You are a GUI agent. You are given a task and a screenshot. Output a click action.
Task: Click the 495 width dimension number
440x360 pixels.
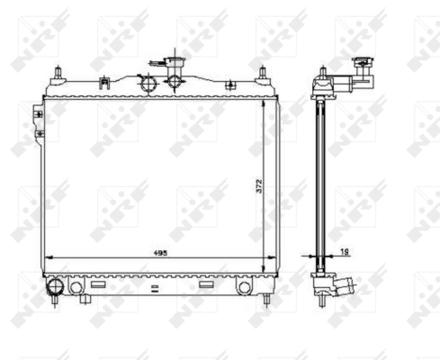pos(160,253)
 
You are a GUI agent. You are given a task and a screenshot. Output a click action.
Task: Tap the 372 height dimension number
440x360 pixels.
pos(259,186)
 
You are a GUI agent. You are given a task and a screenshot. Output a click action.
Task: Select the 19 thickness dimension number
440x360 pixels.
pos(345,252)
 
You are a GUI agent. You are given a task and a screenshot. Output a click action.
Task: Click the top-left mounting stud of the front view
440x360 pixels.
pos(58,73)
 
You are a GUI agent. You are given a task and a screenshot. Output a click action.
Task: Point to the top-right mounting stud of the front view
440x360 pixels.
pos(263,73)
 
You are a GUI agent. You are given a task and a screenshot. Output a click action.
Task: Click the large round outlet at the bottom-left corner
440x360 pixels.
pos(56,286)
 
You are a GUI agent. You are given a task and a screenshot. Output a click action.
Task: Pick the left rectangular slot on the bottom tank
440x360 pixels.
pos(98,284)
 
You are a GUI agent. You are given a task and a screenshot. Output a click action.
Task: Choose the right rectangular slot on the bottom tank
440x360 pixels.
pos(207,284)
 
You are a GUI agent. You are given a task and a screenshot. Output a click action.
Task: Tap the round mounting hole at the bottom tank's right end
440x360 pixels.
pos(245,287)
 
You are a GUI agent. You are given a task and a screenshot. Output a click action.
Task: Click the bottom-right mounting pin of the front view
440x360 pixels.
pos(266,301)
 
